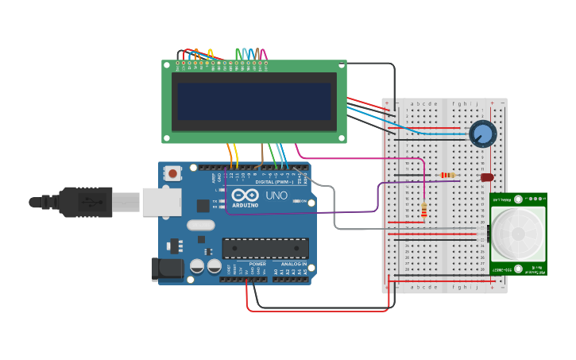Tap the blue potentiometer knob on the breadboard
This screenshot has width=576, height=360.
(482, 134)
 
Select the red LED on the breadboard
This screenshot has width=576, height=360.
(486, 177)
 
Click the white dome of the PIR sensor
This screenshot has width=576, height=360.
(518, 234)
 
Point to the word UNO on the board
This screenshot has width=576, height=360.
(276, 195)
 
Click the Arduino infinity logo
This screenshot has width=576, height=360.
(245, 195)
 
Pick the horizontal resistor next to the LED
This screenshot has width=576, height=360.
(448, 176)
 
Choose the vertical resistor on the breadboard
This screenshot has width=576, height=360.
(423, 210)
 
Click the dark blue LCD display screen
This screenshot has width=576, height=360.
(254, 101)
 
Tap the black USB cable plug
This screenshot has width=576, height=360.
(83, 202)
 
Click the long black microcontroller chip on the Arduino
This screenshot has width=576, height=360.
(265, 248)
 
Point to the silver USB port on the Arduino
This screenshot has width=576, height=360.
(161, 202)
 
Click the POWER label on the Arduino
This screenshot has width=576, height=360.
(257, 264)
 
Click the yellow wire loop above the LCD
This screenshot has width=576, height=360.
(211, 53)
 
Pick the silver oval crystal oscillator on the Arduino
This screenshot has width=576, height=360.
(201, 225)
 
